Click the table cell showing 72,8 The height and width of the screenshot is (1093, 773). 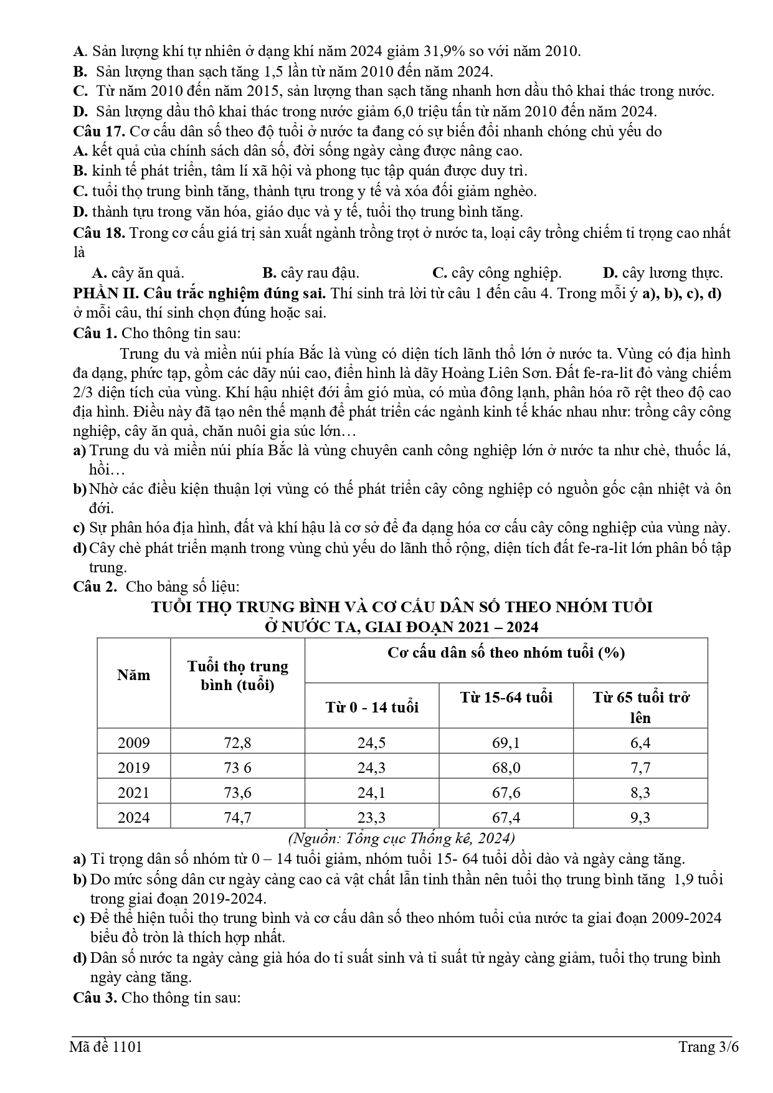pyautogui.click(x=237, y=742)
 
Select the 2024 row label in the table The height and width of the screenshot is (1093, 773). pyautogui.click(x=133, y=817)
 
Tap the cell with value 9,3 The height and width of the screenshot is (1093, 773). pyautogui.click(x=640, y=817)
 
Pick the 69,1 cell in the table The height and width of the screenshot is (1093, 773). pyautogui.click(x=506, y=742)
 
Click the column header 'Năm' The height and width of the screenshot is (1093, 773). pyautogui.click(x=133, y=675)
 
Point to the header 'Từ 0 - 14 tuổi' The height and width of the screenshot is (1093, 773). pyautogui.click(x=372, y=707)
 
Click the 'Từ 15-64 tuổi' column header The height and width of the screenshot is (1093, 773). pyautogui.click(x=506, y=697)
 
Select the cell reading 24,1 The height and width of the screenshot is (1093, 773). pyautogui.click(x=372, y=792)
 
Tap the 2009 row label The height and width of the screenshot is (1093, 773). pyautogui.click(x=133, y=742)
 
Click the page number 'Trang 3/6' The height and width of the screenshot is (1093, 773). pyautogui.click(x=708, y=1047)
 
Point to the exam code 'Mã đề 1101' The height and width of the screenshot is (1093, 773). pyautogui.click(x=106, y=1047)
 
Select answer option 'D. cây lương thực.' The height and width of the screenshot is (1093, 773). pyautogui.click(x=663, y=273)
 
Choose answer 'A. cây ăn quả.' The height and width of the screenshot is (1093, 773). pyautogui.click(x=138, y=273)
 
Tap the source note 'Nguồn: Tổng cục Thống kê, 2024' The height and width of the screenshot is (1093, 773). pyautogui.click(x=402, y=838)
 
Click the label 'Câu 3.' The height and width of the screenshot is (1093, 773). pyautogui.click(x=95, y=997)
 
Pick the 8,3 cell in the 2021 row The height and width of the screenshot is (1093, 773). pyautogui.click(x=640, y=792)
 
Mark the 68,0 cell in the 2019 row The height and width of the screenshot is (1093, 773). pyautogui.click(x=506, y=767)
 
